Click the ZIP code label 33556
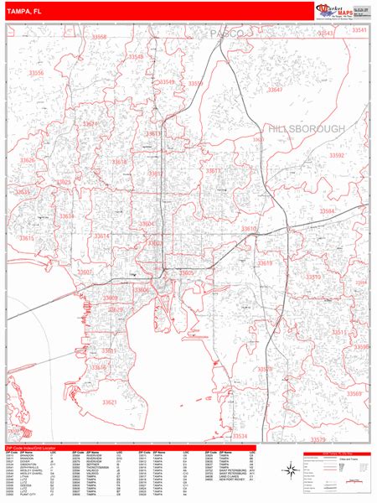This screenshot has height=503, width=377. [x=37, y=74]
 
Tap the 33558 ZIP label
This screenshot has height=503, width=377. [x=100, y=38]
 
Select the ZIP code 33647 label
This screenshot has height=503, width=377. [x=275, y=89]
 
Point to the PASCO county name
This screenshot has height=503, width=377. [x=226, y=33]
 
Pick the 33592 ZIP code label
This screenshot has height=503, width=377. [x=337, y=156]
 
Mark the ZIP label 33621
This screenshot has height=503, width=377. [x=110, y=402]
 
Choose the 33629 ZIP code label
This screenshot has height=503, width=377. [x=115, y=310]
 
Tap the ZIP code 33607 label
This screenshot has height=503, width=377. [x=85, y=272]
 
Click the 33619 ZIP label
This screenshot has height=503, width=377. [x=266, y=263]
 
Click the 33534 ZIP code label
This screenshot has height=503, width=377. [x=241, y=436]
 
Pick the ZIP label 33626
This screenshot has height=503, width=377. [x=28, y=160]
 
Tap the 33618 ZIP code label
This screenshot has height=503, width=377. [x=120, y=162]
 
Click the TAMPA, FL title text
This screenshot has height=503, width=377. [x=27, y=11]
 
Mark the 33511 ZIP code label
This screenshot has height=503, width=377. [x=339, y=332]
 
